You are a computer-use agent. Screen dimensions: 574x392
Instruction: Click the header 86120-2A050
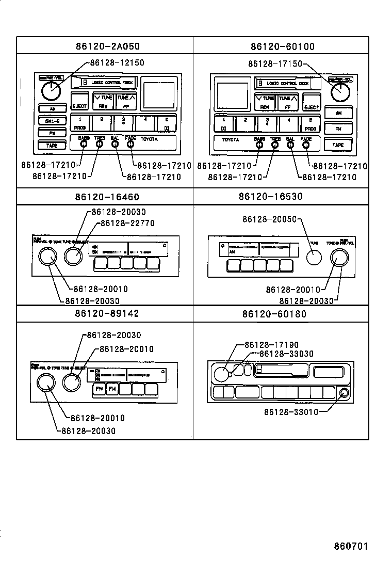coord(105,46)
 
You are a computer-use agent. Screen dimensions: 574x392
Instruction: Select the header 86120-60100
coord(282,46)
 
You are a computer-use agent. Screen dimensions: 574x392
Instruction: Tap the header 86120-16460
coord(105,197)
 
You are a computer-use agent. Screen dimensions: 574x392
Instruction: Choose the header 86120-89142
coord(105,313)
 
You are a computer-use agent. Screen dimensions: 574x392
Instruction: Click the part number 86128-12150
coord(117,62)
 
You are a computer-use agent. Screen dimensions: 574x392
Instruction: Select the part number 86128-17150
coord(275,64)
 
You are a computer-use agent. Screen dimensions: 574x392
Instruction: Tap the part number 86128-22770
coord(127,223)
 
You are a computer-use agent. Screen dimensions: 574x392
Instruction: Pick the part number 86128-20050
coord(270,219)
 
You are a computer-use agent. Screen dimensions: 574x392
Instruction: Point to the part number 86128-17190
coord(271,345)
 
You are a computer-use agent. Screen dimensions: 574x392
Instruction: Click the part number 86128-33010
coord(291,412)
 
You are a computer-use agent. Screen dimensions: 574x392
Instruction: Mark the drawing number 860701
coord(350,546)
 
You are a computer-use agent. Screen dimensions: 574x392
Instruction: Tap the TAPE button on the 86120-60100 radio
coord(338,145)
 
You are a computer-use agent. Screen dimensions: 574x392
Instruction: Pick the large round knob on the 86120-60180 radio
coord(220,374)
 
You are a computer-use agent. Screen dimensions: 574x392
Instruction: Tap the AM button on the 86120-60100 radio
coord(338,113)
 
